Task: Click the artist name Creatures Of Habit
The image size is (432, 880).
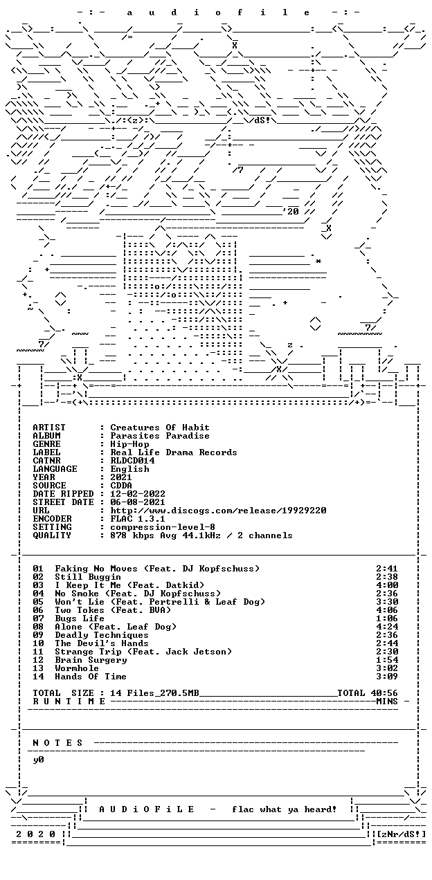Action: pos(160,428)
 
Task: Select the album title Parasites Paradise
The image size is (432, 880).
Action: pos(160,436)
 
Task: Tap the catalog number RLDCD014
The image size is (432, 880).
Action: pos(132,461)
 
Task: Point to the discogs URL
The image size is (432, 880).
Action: pos(218,511)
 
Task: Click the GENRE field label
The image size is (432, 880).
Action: pos(46,444)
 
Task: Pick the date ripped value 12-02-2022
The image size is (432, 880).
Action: pos(138,494)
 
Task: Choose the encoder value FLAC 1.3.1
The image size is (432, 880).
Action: pos(138,519)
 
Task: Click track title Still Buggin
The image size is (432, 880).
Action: pos(88,577)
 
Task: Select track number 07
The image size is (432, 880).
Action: pos(38,618)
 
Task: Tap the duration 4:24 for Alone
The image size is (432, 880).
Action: pos(387,627)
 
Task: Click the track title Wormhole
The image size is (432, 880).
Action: pos(77,668)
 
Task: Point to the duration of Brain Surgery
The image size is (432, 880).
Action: pos(387,660)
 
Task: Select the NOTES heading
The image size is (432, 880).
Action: pos(57,743)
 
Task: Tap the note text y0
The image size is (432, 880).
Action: pos(38,760)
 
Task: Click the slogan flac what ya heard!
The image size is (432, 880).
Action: pos(285,809)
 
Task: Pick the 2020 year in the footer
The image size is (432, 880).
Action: pos(35,834)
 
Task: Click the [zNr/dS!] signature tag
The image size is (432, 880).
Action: pos(401,834)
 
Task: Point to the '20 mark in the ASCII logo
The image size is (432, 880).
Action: pos(291,212)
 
